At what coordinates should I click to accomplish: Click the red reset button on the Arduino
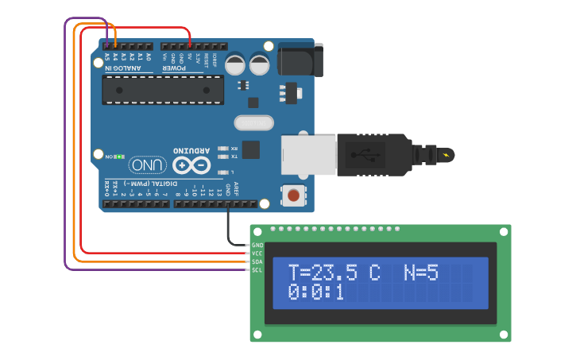click(294, 195)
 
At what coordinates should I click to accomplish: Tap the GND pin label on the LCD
click(257, 245)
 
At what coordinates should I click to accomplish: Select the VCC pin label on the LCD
click(257, 253)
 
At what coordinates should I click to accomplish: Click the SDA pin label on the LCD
click(257, 261)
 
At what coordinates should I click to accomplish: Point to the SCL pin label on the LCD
click(257, 270)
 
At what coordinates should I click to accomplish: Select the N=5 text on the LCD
click(420, 273)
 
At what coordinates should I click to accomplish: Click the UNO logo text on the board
click(149, 165)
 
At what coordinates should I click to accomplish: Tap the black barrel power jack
click(300, 60)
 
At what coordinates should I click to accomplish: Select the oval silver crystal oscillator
click(253, 122)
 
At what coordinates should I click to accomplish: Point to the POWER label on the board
click(176, 68)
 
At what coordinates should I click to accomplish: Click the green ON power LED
click(118, 157)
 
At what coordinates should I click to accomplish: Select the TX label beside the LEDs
click(234, 156)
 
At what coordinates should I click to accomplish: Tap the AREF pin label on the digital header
click(236, 189)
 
